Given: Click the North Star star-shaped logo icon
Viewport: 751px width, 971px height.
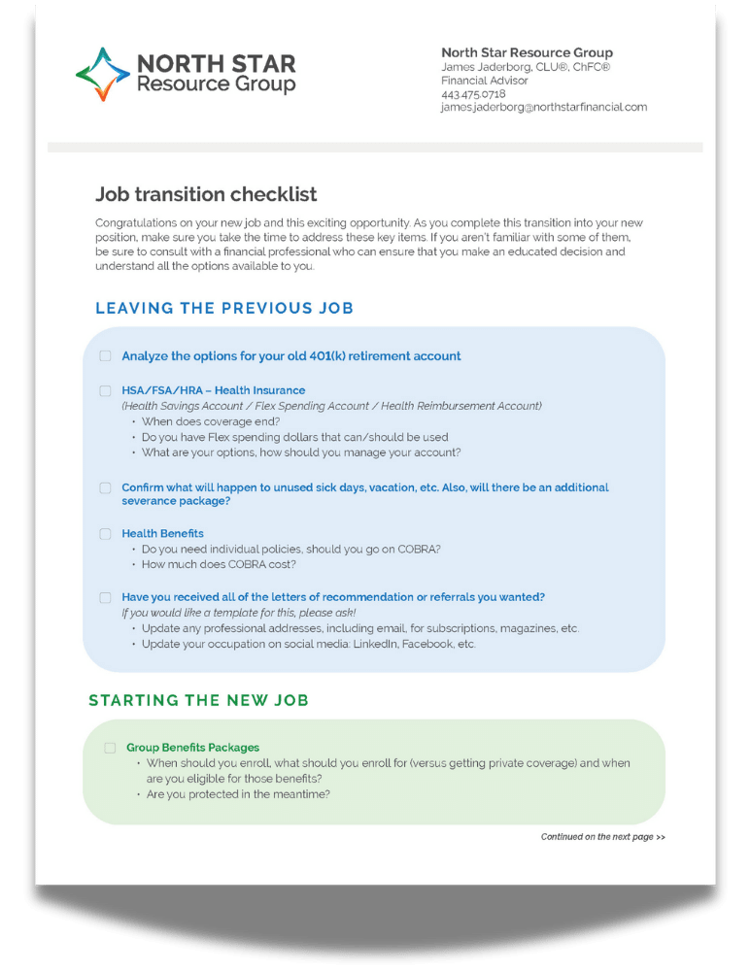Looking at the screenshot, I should pos(102,75).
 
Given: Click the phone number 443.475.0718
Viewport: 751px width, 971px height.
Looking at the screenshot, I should pos(473,94).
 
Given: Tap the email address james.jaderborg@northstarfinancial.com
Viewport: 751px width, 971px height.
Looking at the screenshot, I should pos(543,108).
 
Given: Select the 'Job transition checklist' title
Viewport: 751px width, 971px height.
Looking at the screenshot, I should pos(206,195).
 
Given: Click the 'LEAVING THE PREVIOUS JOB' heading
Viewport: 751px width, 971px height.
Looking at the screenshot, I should pos(224,309).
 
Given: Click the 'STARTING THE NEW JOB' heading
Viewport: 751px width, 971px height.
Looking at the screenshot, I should pos(198,700).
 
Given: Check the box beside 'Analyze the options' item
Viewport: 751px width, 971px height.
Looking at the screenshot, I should pos(105,356).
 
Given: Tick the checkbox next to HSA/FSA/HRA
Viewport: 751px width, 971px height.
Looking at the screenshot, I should pos(105,390).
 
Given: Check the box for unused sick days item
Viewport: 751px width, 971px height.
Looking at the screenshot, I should pos(105,487).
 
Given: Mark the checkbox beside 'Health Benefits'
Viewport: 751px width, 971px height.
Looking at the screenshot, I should pos(105,533).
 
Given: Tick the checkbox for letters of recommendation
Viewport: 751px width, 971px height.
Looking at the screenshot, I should pos(105,597).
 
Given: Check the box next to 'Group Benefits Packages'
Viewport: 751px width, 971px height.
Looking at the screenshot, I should pos(110,748).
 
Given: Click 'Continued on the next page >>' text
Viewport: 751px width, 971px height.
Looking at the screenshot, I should pos(602,836).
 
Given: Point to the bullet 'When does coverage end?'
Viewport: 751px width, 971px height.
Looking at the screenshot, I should pos(211,421).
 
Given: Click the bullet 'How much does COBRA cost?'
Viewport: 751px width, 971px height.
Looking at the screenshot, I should pos(219,564).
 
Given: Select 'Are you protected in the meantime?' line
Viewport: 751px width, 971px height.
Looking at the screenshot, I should pos(238,794).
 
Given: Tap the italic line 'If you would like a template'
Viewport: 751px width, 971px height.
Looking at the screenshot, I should pos(238,613).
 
